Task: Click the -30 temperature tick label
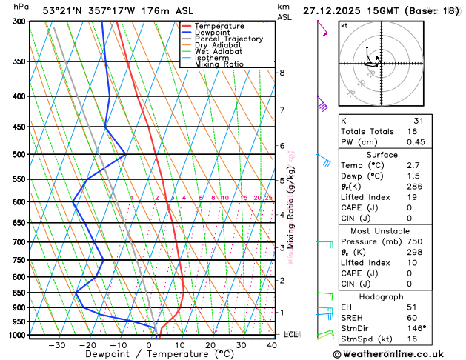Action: (56, 344)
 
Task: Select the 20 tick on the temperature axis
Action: (210, 344)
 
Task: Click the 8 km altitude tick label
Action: (282, 73)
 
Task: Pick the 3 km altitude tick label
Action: (282, 247)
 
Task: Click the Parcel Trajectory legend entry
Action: (229, 39)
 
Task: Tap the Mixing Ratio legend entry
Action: (219, 64)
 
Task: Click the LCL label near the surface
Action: (290, 335)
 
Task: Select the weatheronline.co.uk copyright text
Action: (401, 353)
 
